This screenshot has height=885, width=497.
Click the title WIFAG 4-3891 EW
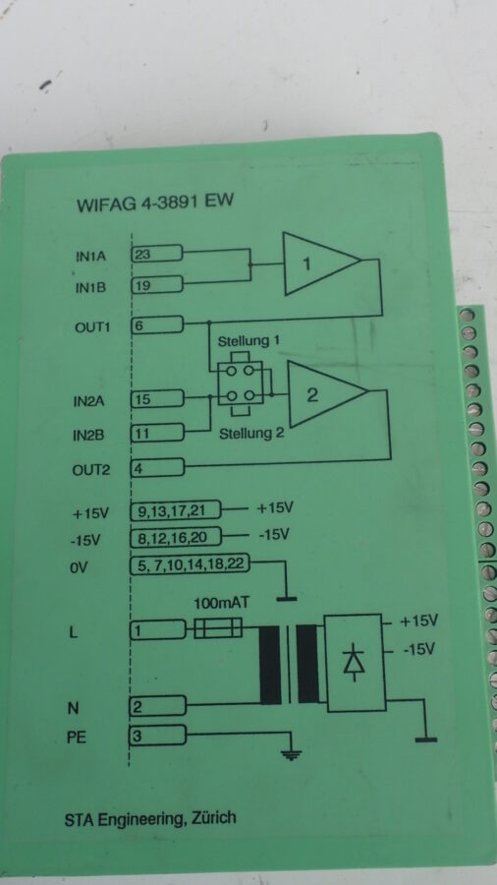[155, 204]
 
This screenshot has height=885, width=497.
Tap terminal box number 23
[156, 254]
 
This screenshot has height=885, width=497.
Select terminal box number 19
[156, 284]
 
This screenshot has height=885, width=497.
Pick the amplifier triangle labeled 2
[327, 394]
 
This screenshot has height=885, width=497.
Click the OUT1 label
[91, 327]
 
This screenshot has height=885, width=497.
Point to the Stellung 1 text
[248, 341]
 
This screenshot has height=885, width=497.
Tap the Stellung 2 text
[251, 434]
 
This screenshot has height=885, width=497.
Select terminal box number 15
[156, 399]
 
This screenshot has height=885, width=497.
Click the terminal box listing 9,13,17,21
[176, 510]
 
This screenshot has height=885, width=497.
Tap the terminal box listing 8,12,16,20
[176, 537]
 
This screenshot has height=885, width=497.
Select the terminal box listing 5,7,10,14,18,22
[190, 564]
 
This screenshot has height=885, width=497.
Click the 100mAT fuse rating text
[221, 604]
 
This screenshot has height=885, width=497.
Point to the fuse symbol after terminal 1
[218, 627]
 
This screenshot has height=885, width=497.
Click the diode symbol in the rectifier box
[355, 662]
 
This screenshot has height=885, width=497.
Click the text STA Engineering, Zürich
[150, 819]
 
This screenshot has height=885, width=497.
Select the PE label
[78, 737]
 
